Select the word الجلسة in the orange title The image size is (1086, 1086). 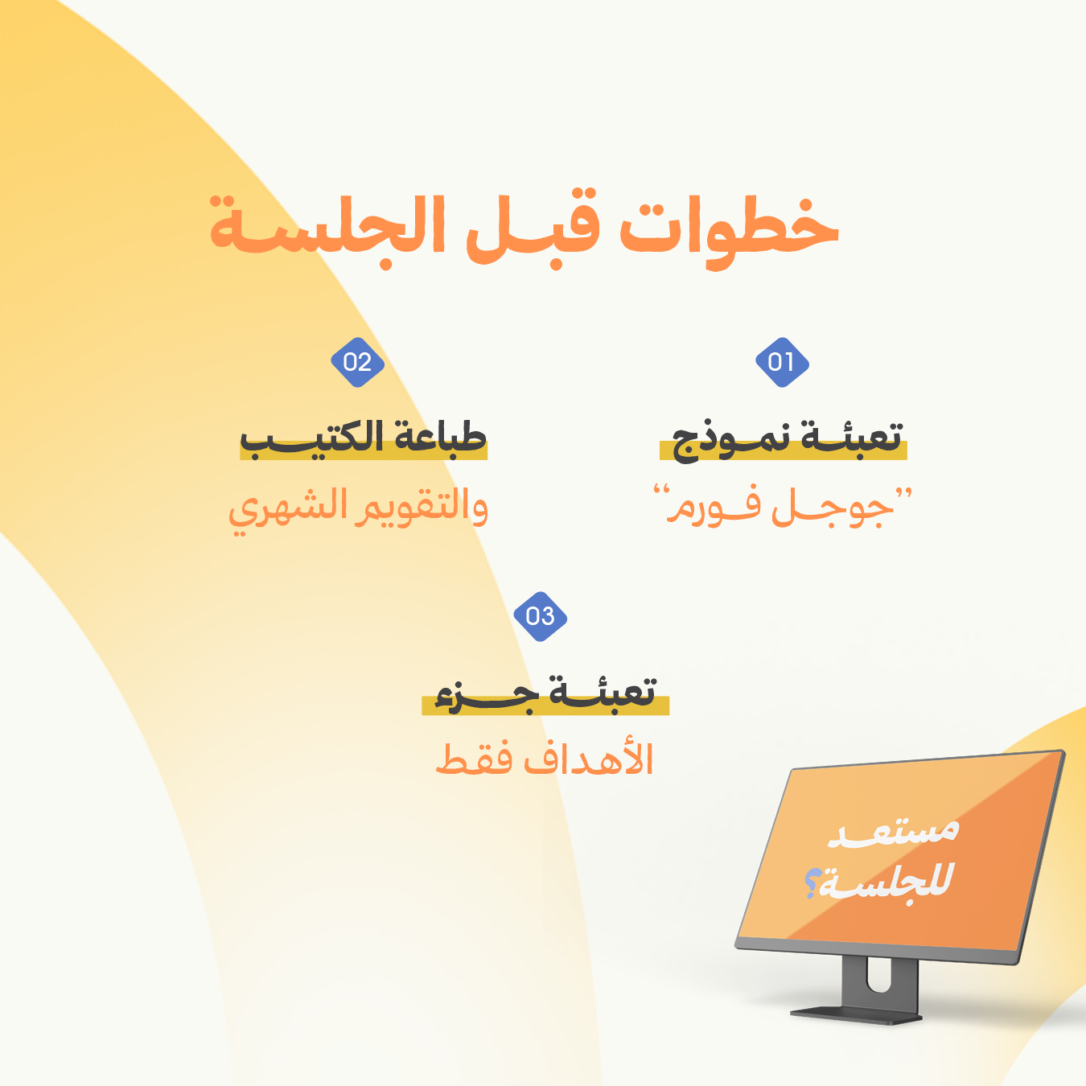(x=327, y=231)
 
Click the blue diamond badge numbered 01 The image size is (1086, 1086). (x=782, y=362)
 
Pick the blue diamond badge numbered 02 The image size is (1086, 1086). (x=357, y=362)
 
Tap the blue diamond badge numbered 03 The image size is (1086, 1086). (x=540, y=616)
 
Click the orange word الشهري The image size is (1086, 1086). (x=286, y=510)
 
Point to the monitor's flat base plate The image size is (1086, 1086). (x=855, y=1015)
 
